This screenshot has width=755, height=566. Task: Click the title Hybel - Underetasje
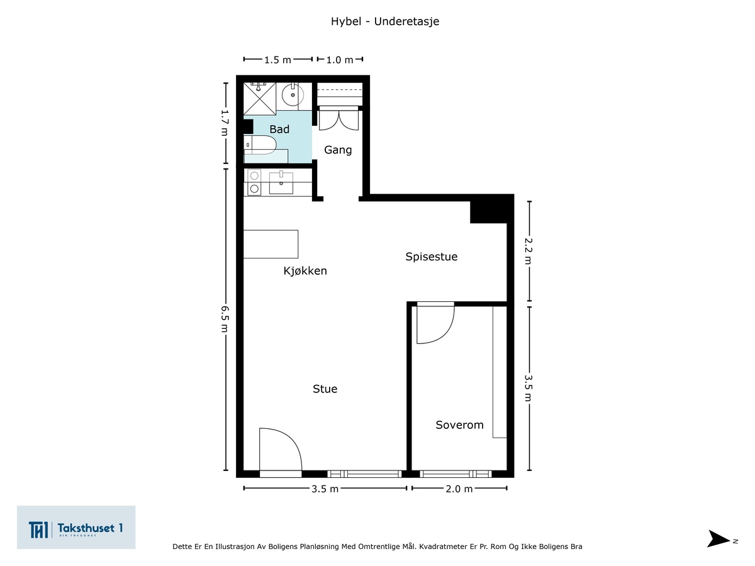pos(385,21)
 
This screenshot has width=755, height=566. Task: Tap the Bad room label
pos(279,129)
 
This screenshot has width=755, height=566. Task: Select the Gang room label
pos(338,150)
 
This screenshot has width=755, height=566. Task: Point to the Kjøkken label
pos(305,271)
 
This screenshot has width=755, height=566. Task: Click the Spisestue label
pos(432,257)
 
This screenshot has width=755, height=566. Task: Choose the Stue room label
pos(325,389)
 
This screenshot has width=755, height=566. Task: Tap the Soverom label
pos(459,425)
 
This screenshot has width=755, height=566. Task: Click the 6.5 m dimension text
pos(224,319)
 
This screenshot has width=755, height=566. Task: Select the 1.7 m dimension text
pos(224,123)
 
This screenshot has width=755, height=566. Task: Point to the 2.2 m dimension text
pos(528,251)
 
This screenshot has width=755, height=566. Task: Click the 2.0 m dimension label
pos(459,489)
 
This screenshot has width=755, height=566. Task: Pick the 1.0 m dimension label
pos(340,60)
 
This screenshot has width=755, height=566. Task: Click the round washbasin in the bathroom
pos(293,94)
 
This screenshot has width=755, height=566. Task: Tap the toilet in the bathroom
pos(260,145)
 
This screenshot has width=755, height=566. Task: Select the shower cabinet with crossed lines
pos(260,99)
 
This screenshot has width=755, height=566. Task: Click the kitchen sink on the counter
pos(281,183)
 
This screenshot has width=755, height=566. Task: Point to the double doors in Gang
pos(338,119)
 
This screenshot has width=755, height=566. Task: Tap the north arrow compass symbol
pos(719,538)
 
